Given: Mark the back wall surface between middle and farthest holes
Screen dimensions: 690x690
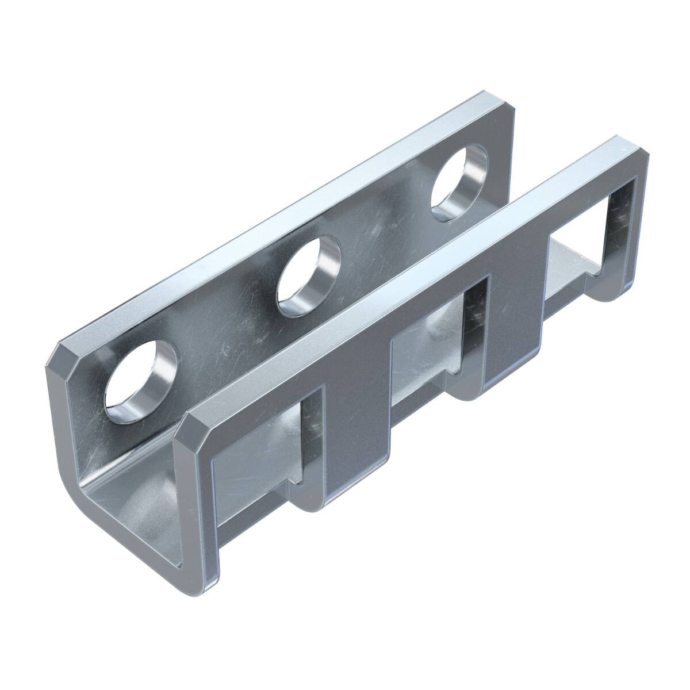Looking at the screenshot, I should [385, 230].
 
